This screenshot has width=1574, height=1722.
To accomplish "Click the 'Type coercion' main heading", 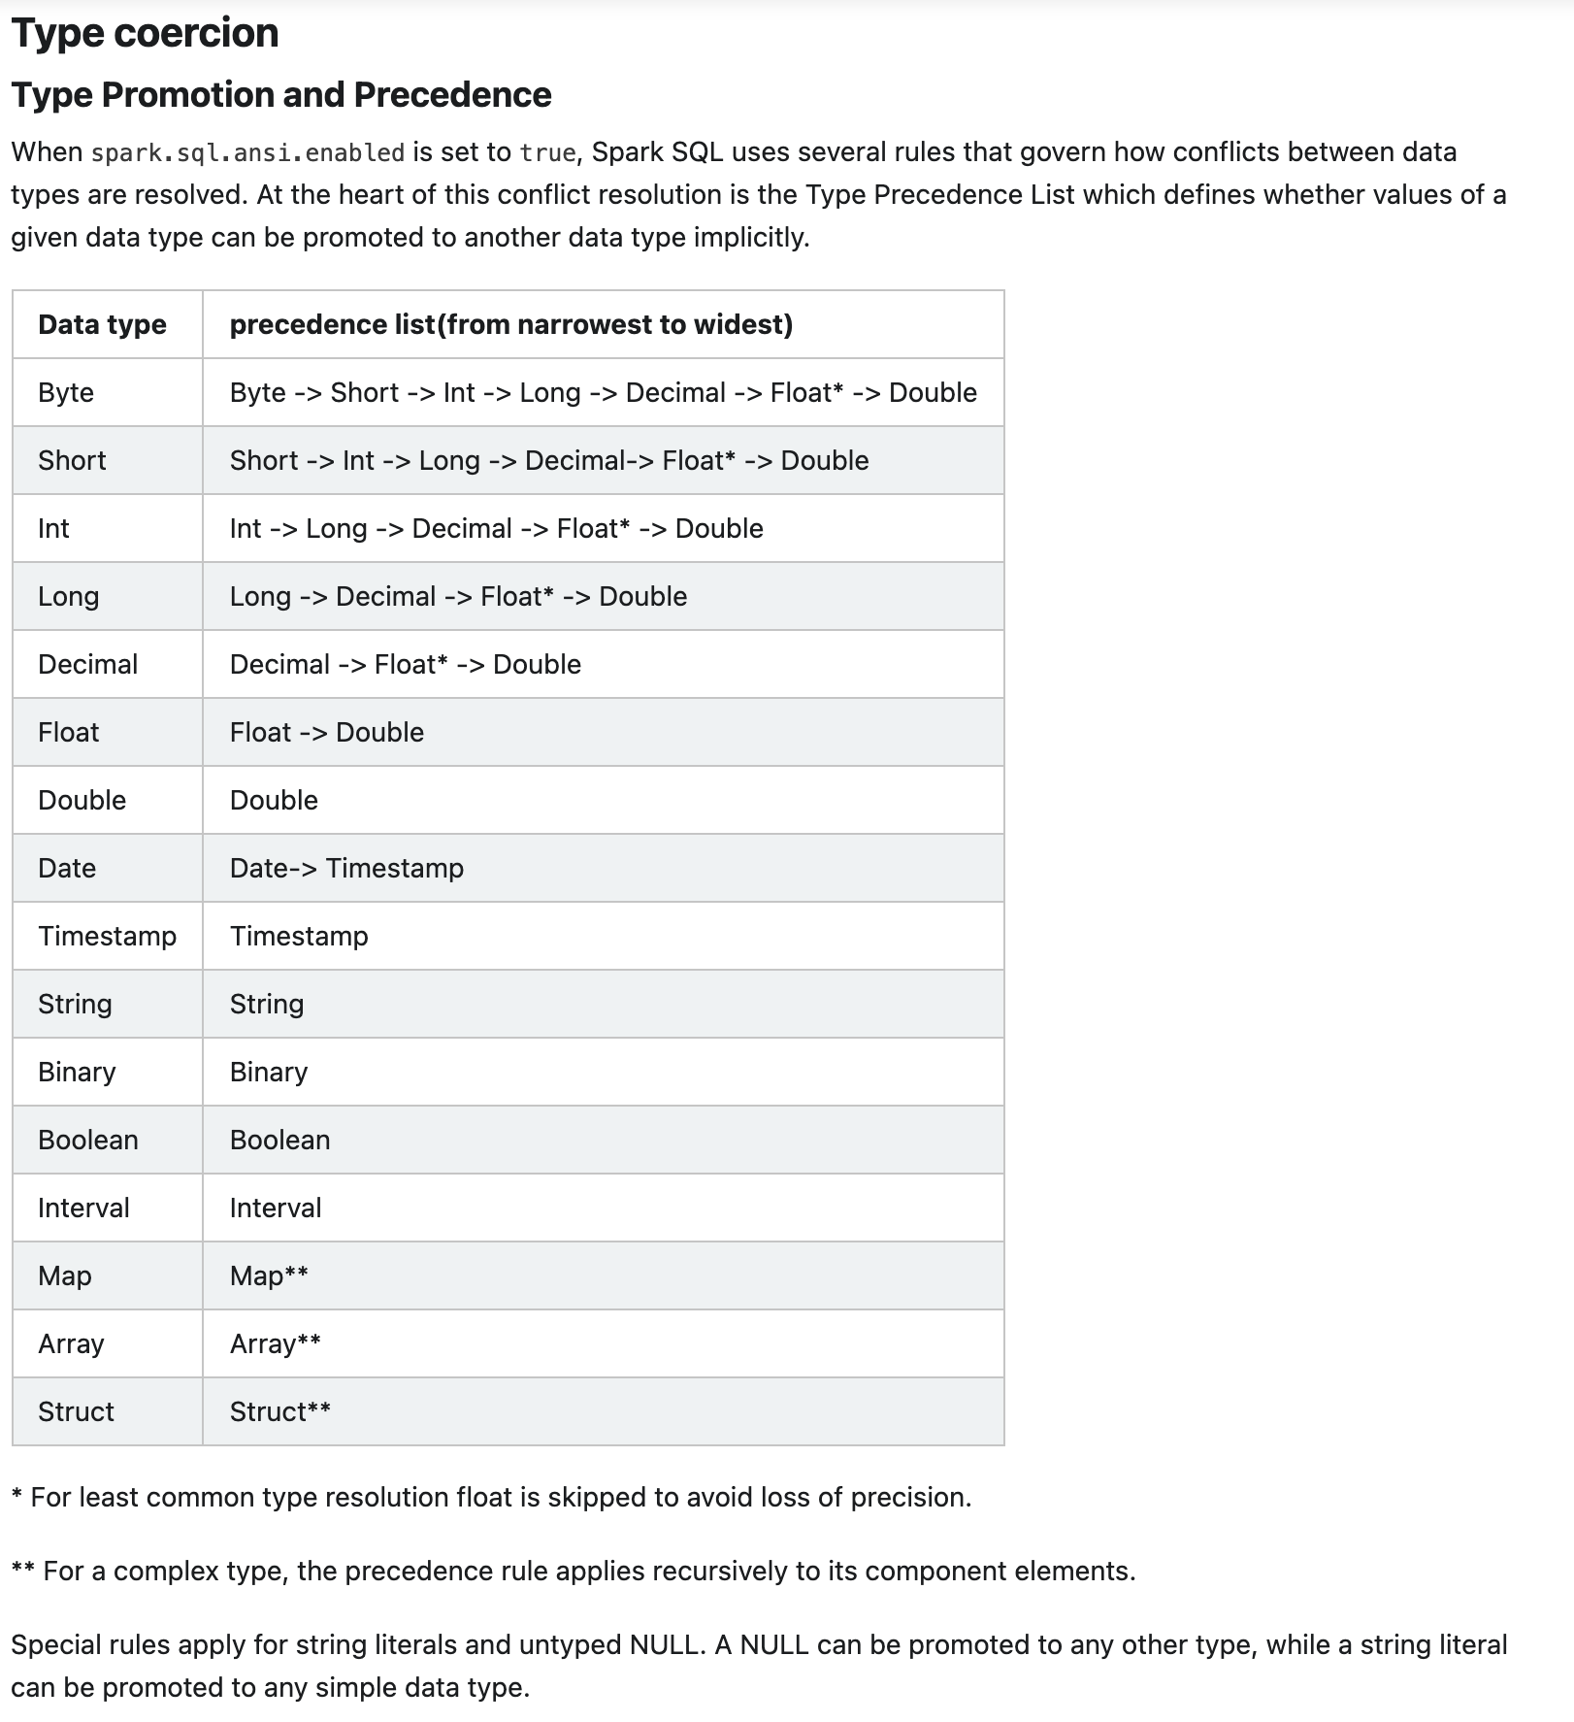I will point(145,33).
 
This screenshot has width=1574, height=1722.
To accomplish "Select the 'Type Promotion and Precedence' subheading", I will point(281,95).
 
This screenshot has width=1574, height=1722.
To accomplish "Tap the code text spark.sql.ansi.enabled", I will point(247,153).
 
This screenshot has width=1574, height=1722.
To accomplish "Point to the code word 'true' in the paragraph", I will point(547,153).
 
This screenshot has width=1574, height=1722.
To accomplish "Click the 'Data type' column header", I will point(102,324).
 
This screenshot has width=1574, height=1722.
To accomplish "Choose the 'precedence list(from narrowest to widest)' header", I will point(510,324).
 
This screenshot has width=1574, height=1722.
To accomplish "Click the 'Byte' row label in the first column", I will point(66,392).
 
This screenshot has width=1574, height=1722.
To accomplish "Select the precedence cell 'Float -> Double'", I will point(326,732).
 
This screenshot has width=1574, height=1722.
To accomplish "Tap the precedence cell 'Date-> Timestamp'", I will point(346,868).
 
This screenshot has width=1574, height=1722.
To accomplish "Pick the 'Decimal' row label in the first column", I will point(87,664).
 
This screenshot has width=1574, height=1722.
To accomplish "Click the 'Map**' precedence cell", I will point(269,1275).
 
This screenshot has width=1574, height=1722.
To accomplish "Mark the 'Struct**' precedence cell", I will point(279,1411).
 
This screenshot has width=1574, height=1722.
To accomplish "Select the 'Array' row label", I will point(71,1343).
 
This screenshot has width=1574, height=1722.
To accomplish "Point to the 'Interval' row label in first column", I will point(83,1208).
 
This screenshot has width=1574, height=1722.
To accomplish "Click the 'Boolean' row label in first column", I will point(87,1140).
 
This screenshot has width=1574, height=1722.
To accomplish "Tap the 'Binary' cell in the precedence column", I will point(269,1072).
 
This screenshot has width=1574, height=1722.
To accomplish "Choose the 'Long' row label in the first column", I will point(68,596).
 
